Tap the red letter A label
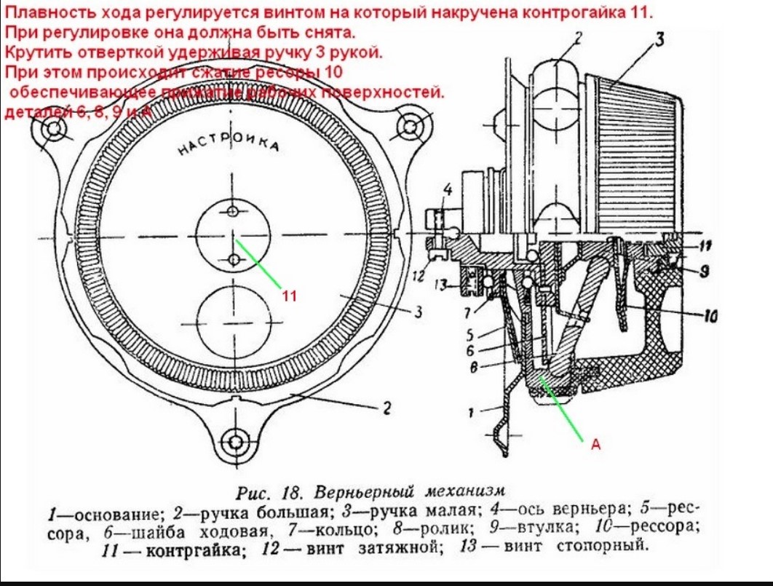pos(595,445)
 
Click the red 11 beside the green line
pos(290,296)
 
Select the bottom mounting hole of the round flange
pos(235,442)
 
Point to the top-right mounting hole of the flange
pos(411,127)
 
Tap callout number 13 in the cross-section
pos(441,285)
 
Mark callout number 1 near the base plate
pos(472,412)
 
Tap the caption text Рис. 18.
pos(262,491)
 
